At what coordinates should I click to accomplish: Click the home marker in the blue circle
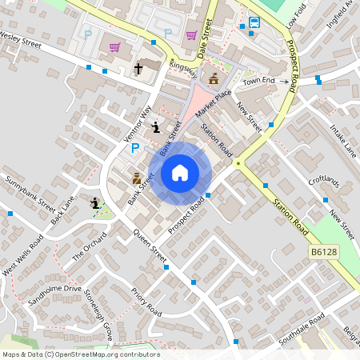pyautogui.click(x=180, y=172)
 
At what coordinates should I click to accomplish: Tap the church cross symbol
pyautogui.click(x=138, y=70)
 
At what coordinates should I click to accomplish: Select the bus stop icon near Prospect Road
pyautogui.click(x=254, y=22)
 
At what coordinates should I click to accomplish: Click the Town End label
pyautogui.click(x=258, y=82)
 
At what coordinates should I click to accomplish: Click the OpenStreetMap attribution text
pyautogui.click(x=80, y=354)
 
